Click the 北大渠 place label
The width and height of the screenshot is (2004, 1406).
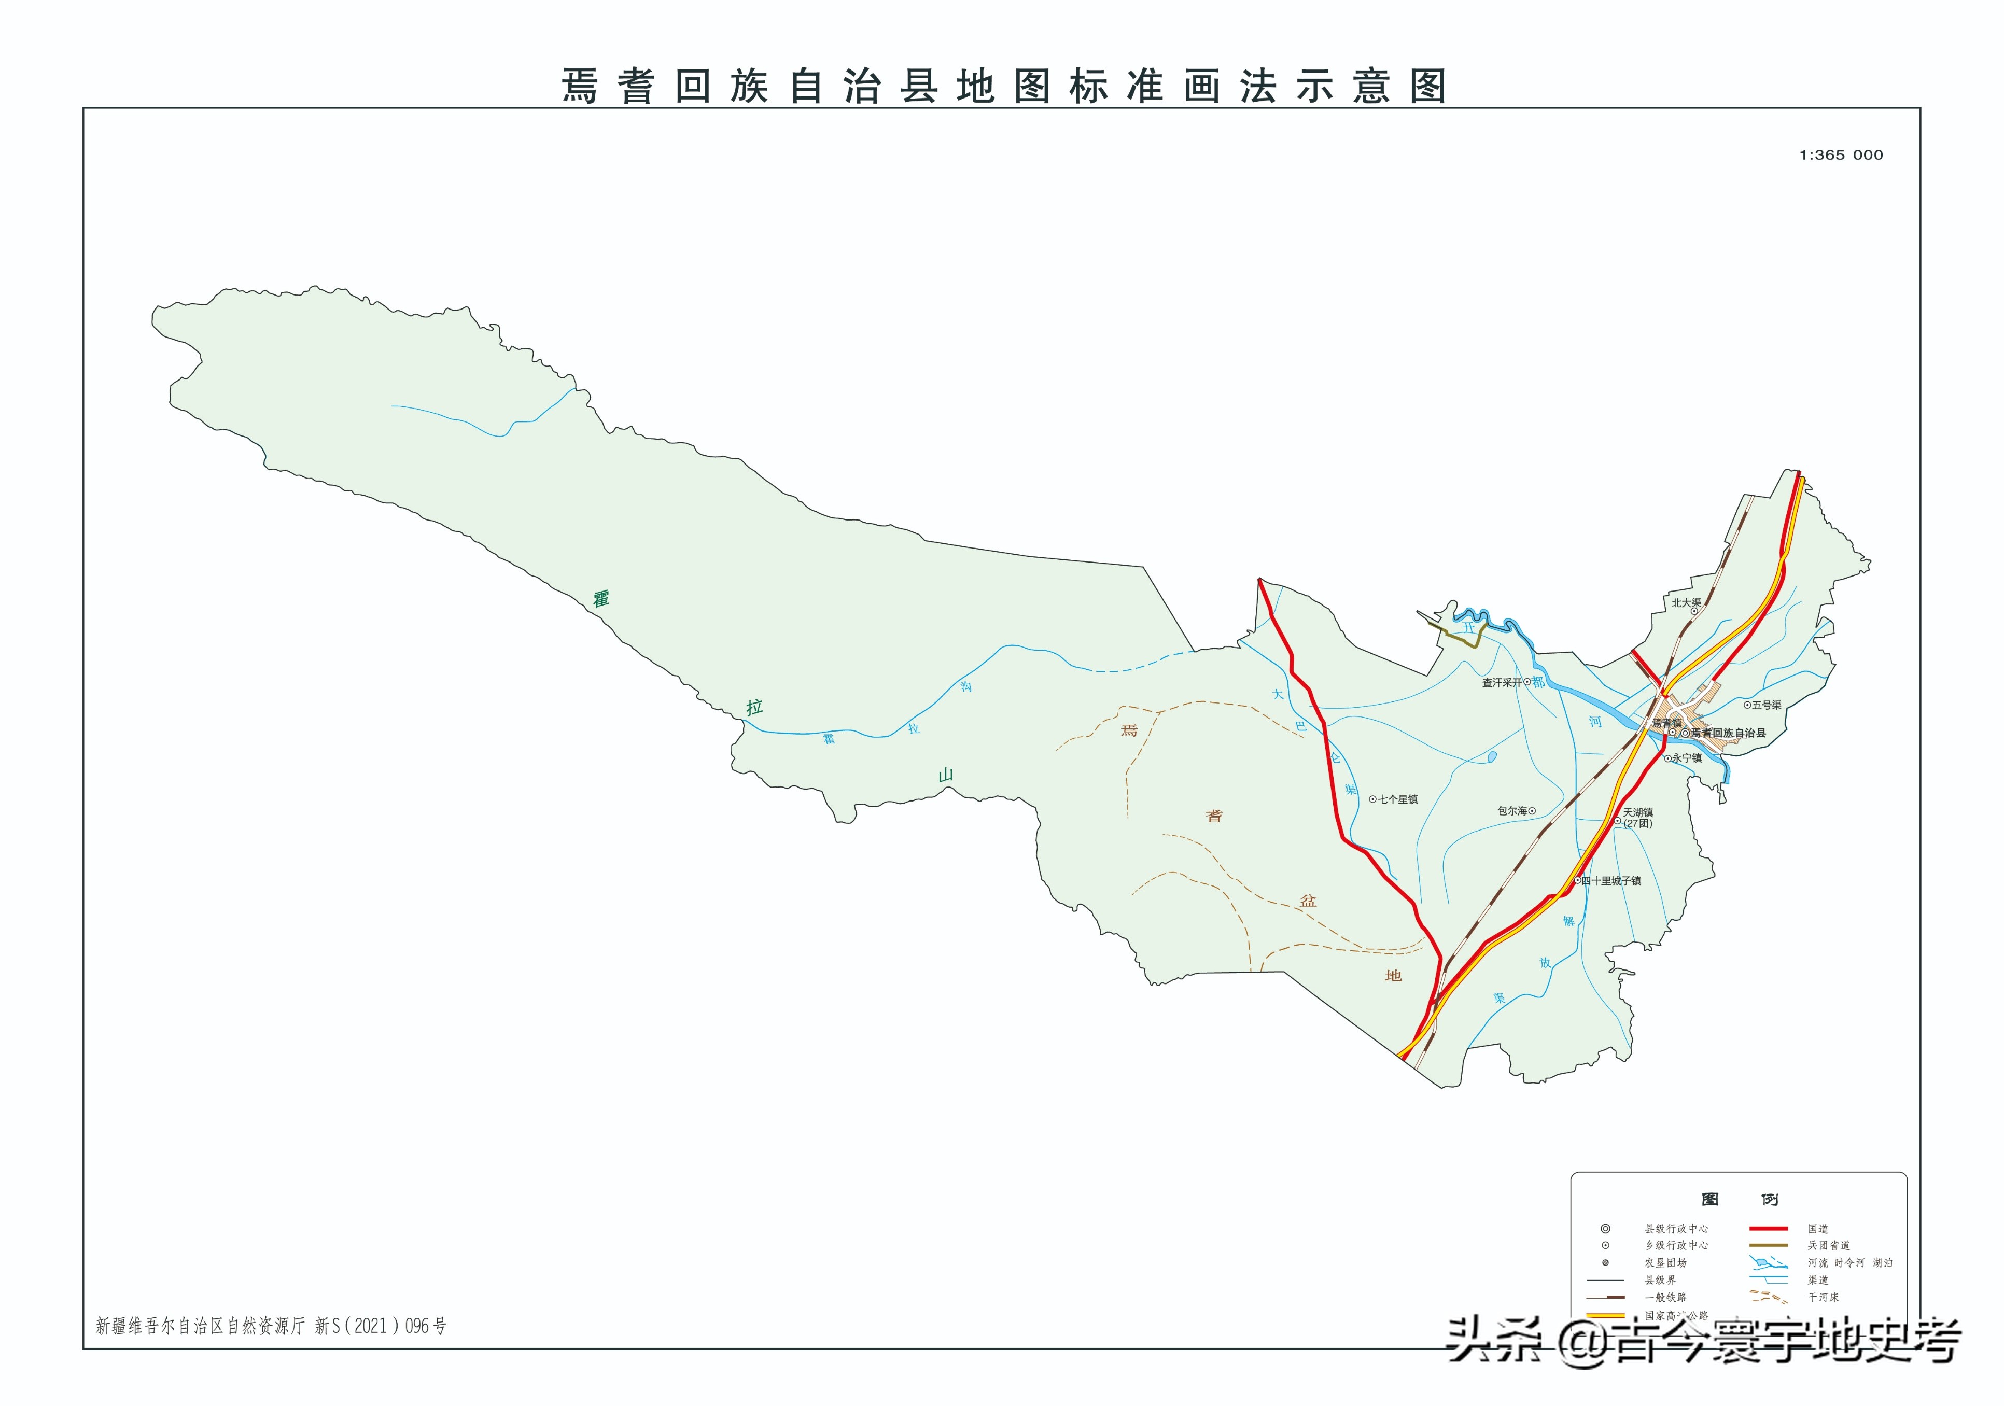1686,603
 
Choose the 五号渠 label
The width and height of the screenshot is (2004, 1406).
1767,705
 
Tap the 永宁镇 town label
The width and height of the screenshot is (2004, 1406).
1686,758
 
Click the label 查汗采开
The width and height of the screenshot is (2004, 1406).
1501,683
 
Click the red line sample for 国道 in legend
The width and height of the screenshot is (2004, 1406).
1768,1228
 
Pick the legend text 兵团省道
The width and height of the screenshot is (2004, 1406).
1829,1245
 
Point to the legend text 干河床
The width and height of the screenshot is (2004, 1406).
1824,1298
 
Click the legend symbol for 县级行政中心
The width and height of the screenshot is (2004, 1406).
1605,1229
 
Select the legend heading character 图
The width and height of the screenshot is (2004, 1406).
1710,1199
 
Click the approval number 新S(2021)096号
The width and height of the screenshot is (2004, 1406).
381,1326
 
